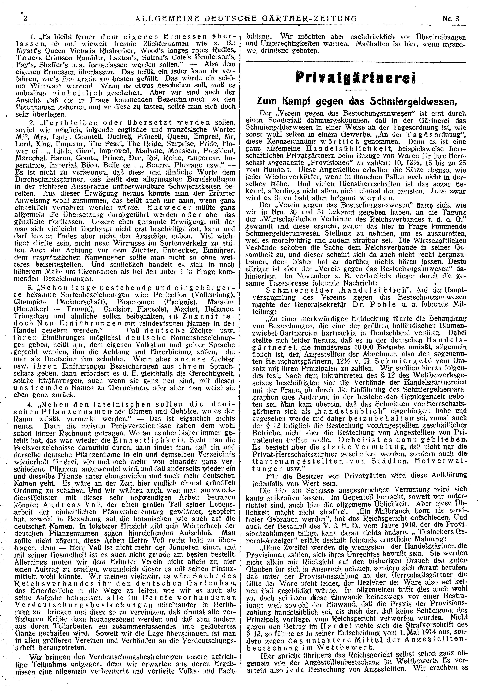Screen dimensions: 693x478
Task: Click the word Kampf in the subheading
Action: click(x=294, y=102)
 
